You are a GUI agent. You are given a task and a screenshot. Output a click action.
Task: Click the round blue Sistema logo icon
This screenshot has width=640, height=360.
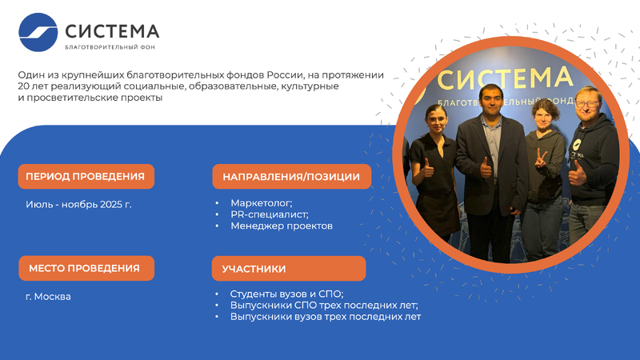38,32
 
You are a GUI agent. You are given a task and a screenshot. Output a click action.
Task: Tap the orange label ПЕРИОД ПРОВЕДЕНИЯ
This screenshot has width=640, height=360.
86,176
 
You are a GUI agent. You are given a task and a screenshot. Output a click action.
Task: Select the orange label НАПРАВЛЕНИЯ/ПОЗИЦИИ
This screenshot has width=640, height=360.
291,176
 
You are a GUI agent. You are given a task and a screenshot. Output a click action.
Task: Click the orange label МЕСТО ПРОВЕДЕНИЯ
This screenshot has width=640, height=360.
86,268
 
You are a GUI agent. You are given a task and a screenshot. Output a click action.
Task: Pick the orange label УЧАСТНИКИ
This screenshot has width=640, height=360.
289,269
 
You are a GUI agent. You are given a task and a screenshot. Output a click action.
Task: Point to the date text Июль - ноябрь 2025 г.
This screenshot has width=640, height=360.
78,204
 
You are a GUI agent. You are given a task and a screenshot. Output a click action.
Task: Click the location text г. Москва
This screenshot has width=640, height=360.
48,296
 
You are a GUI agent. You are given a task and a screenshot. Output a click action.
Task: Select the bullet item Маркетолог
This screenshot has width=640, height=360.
262,203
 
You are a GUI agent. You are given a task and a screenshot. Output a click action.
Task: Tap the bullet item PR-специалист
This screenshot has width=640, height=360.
270,214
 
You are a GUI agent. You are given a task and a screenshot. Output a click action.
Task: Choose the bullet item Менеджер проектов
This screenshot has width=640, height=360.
282,226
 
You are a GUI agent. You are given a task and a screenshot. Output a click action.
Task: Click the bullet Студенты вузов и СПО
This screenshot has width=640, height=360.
286,294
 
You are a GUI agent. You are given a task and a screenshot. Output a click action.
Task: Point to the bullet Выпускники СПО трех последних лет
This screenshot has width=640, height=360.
324,306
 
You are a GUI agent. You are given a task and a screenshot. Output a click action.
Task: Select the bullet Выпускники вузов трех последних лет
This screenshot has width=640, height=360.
326,317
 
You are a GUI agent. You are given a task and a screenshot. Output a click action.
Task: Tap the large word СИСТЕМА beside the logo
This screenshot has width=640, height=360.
112,31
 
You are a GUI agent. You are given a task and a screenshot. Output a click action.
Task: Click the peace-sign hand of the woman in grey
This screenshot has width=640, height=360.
541,158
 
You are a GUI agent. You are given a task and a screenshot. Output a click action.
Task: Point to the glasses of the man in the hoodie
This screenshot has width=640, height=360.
587,104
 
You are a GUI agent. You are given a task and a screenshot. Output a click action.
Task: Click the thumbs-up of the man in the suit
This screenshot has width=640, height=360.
486,168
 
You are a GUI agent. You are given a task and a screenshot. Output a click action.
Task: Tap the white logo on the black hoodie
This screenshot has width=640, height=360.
577,145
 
